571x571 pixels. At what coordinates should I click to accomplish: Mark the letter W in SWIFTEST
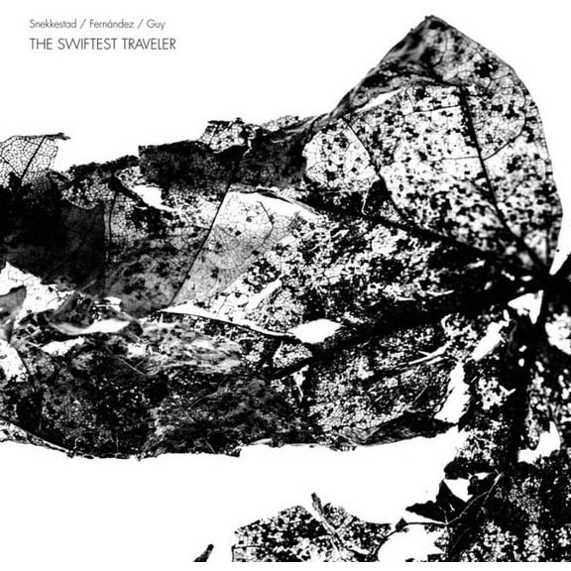[x=70, y=44]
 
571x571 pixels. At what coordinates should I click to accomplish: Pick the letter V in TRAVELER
[x=145, y=44]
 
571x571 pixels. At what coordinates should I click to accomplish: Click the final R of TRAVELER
[x=171, y=44]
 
